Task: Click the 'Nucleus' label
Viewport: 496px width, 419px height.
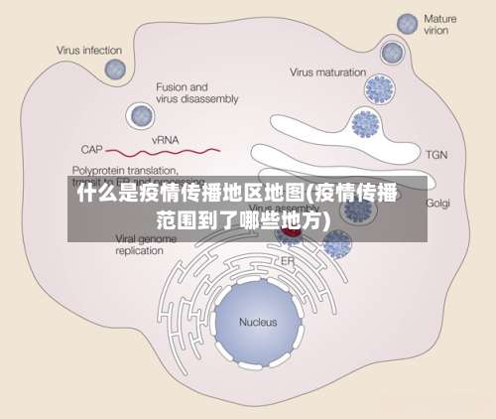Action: pos(258,322)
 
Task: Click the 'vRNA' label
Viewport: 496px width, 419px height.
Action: pos(165,141)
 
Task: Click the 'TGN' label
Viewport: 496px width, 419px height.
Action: pos(436,155)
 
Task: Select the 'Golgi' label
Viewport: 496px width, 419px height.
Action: pos(437,203)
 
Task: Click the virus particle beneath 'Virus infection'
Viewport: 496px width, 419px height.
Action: pos(116,69)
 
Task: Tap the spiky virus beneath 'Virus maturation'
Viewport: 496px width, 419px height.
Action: pos(380,90)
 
